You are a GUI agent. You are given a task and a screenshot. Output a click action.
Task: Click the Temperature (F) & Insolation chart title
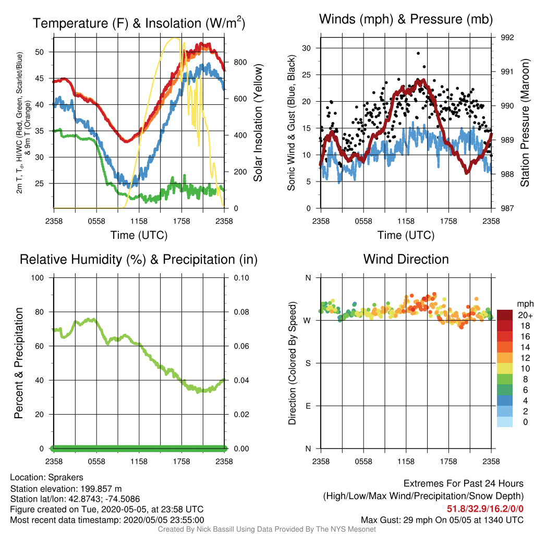click(139, 23)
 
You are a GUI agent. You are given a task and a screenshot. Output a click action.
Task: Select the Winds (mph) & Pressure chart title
click(406, 19)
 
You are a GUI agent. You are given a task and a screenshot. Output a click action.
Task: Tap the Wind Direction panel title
click(406, 259)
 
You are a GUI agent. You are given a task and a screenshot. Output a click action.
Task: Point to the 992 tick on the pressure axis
click(507, 38)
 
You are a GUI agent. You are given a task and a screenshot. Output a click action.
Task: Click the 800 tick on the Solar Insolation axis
click(240, 63)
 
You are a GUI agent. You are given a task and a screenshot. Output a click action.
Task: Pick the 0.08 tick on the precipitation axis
click(241, 312)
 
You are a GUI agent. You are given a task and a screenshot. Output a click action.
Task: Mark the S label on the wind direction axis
click(308, 363)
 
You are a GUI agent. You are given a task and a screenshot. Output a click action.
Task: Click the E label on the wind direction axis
click(308, 406)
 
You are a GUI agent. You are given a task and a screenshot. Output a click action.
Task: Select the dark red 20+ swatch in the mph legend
click(505, 315)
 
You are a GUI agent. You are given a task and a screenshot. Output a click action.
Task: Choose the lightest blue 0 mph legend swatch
click(505, 421)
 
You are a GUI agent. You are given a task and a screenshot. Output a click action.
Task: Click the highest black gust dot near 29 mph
click(418, 54)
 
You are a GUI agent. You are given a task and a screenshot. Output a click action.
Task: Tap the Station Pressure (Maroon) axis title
click(525, 123)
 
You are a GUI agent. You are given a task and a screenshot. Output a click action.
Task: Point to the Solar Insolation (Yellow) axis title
click(258, 123)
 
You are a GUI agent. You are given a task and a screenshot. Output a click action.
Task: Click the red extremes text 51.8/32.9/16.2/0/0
click(485, 509)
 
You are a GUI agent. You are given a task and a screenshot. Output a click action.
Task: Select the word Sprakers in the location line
click(65, 477)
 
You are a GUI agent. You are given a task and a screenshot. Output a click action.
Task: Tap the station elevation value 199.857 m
click(101, 489)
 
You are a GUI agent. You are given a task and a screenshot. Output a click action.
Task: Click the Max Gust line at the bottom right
click(442, 520)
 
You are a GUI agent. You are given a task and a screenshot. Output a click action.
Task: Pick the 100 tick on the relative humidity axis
click(38, 278)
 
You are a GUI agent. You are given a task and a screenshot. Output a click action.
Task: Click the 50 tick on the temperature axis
click(40, 52)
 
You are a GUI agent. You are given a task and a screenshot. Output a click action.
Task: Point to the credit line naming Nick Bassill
click(266, 529)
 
